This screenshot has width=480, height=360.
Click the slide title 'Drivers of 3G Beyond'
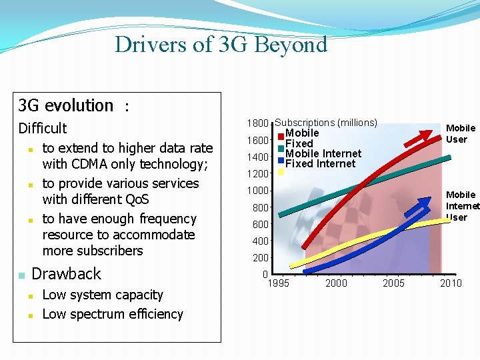(221, 45)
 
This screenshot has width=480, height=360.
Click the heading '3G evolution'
(66, 105)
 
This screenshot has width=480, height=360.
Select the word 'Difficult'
(43, 128)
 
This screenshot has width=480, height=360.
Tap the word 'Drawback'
(67, 274)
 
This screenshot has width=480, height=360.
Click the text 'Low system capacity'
(103, 295)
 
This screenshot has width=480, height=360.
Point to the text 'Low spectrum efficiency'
(113, 314)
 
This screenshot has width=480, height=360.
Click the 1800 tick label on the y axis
(257, 123)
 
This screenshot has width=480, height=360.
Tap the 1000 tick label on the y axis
(257, 191)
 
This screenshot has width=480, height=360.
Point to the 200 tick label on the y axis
(259, 258)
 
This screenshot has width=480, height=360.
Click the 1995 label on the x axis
(278, 283)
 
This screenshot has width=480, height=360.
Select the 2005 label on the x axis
(393, 283)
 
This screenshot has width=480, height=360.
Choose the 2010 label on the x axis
(451, 283)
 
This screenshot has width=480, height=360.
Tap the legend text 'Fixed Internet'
(320, 163)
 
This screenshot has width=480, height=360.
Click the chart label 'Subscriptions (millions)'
(326, 123)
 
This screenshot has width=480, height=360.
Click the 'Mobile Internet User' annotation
(461, 206)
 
